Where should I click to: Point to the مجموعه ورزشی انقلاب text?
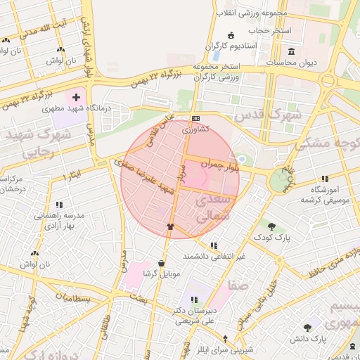click(246, 13)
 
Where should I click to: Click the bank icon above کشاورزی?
click(195, 118)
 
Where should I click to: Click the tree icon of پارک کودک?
click(271, 226)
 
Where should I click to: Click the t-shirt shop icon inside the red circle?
click(169, 226)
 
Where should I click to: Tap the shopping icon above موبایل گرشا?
click(162, 263)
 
